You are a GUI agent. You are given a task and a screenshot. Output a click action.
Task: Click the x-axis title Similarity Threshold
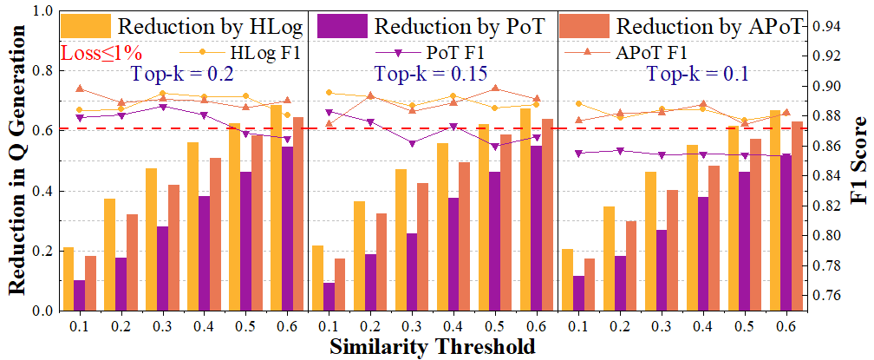(x=431, y=346)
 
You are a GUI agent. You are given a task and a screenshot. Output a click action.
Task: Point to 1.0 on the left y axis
(x=41, y=12)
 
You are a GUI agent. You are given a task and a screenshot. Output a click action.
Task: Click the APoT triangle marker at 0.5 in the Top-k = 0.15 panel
(x=495, y=88)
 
